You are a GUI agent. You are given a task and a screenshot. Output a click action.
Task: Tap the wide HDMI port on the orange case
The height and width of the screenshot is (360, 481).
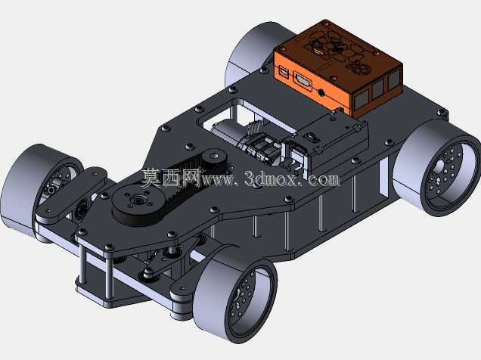303,81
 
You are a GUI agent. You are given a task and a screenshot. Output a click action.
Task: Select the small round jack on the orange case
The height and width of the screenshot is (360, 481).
321,92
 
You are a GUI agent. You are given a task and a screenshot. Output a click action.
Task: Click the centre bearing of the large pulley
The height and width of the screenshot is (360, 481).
136,201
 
